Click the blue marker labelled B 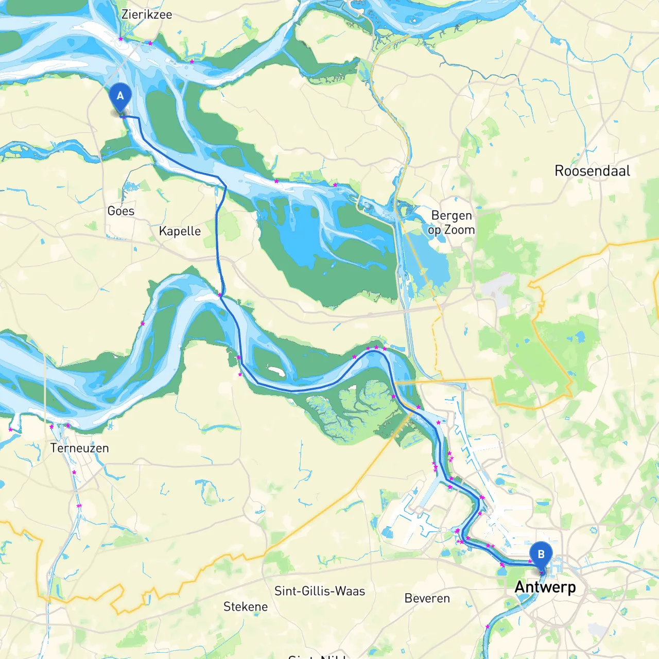click(541, 555)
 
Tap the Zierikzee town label click(147, 14)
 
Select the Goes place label click(121, 211)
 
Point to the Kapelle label click(180, 231)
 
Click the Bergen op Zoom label click(452, 222)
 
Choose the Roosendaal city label click(592, 171)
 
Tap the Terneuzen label click(80, 448)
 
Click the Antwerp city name click(545, 587)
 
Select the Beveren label click(427, 598)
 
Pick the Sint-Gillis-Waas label click(320, 591)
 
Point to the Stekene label click(246, 606)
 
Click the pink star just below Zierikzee click(120, 39)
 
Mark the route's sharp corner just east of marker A click(138, 118)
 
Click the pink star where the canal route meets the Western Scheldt click(220, 295)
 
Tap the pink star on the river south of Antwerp click(488, 627)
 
